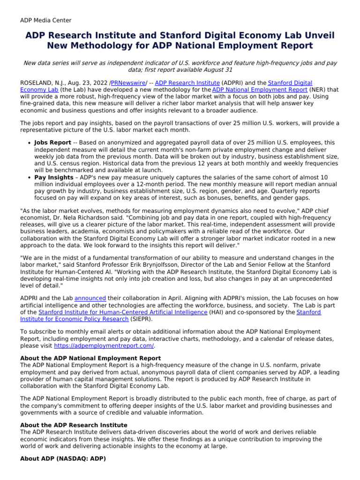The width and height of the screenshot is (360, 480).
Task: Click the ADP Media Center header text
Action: (45, 20)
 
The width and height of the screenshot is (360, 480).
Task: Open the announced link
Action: (90, 298)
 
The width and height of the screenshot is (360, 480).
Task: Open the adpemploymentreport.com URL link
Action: (104, 345)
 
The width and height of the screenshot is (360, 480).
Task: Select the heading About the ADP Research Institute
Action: (74, 425)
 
